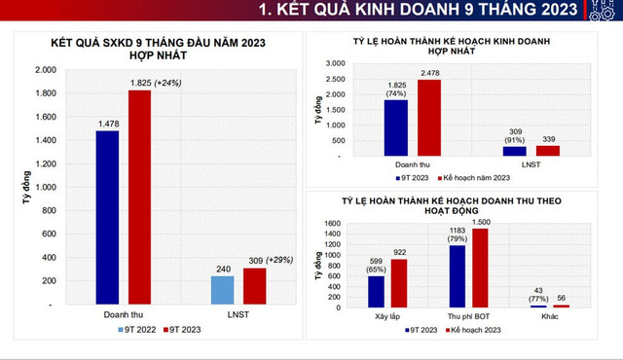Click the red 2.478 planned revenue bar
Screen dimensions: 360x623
point(430,117)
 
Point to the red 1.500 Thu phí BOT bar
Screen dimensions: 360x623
point(481,269)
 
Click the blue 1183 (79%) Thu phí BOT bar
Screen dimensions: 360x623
point(457,276)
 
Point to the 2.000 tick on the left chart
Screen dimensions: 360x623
point(45,70)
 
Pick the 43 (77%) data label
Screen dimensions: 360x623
point(533,294)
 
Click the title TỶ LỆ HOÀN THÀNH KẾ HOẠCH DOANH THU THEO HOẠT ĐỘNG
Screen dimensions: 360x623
point(458,205)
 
